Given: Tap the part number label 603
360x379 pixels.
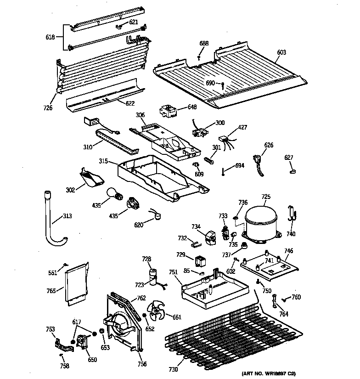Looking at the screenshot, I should pos(281,52).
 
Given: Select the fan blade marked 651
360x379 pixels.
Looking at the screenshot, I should pos(156,312).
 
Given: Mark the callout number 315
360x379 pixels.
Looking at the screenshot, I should pos(104,161).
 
